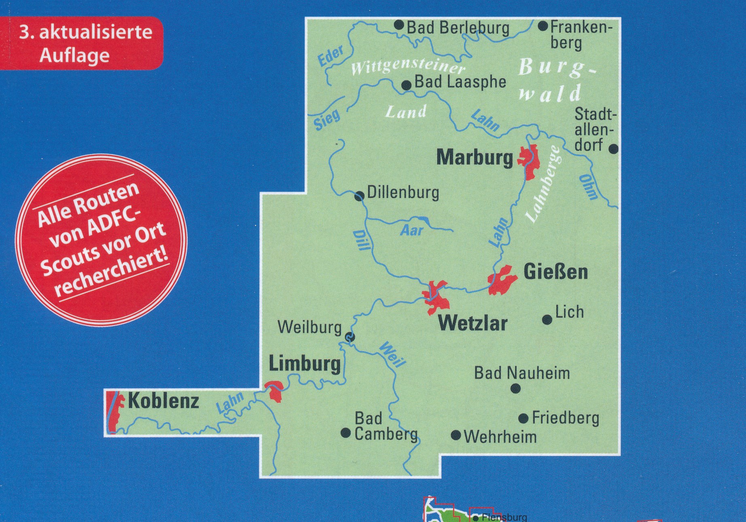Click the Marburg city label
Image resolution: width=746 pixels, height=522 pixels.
coord(474,158)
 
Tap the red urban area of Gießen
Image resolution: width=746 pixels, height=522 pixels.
coord(503,279)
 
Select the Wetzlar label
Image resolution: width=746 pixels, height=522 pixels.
coord(473,324)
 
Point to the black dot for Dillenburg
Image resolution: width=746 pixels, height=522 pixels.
coord(359,197)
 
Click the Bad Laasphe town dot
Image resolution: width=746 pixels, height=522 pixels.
coord(406,85)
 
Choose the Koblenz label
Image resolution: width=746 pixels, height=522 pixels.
coord(163,401)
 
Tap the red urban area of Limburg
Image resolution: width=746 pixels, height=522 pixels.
coord(274,390)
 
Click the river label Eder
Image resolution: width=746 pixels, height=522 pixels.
coord(331,55)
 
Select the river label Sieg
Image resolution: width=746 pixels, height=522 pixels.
coord(327,120)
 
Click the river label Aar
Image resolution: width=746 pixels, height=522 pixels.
coord(411,230)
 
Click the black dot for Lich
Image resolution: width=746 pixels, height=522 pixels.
coord(547,320)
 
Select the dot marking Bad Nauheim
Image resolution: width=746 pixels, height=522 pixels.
coord(515,389)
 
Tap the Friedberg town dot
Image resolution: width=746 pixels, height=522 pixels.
coord(523,418)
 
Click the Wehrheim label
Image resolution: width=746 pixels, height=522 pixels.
coord(500,437)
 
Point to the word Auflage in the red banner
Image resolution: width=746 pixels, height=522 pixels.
coord(74,55)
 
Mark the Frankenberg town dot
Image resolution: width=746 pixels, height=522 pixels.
coord(543,27)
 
